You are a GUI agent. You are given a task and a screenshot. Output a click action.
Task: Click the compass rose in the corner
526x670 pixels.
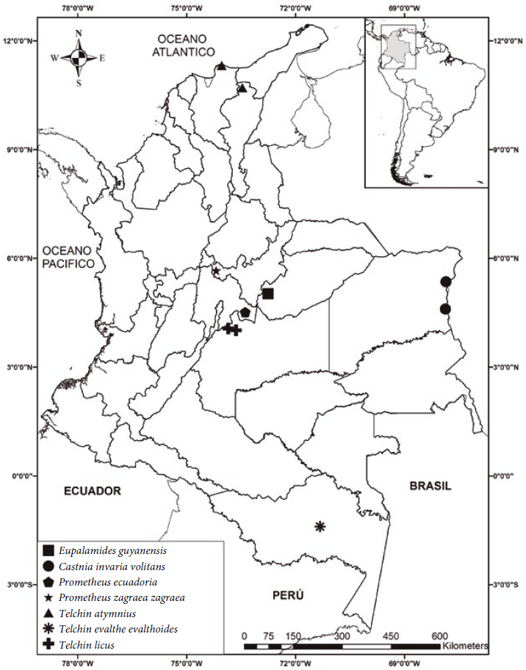point(79,57)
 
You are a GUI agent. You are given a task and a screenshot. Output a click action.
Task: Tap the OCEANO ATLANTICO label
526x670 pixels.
point(183,45)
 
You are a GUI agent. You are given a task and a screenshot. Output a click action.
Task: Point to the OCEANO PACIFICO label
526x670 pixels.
point(68,256)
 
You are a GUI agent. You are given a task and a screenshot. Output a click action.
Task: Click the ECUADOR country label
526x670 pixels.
point(91,490)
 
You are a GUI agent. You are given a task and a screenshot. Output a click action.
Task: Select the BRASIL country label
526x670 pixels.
point(430,487)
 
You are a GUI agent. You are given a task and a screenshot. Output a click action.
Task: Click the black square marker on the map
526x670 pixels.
point(267,294)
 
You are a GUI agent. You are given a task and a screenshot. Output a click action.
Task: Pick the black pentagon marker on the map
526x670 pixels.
point(245,312)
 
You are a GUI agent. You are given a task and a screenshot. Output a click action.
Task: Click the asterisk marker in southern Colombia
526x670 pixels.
point(320,525)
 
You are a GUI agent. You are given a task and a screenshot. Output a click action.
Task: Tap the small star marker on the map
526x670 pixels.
point(216,272)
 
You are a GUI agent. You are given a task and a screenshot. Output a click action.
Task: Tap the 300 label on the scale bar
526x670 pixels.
point(342,636)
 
